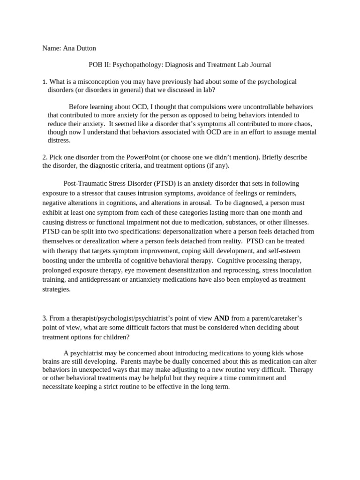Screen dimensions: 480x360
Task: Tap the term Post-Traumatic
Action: [x=86, y=183]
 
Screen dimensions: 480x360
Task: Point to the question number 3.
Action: [x=44, y=318]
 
